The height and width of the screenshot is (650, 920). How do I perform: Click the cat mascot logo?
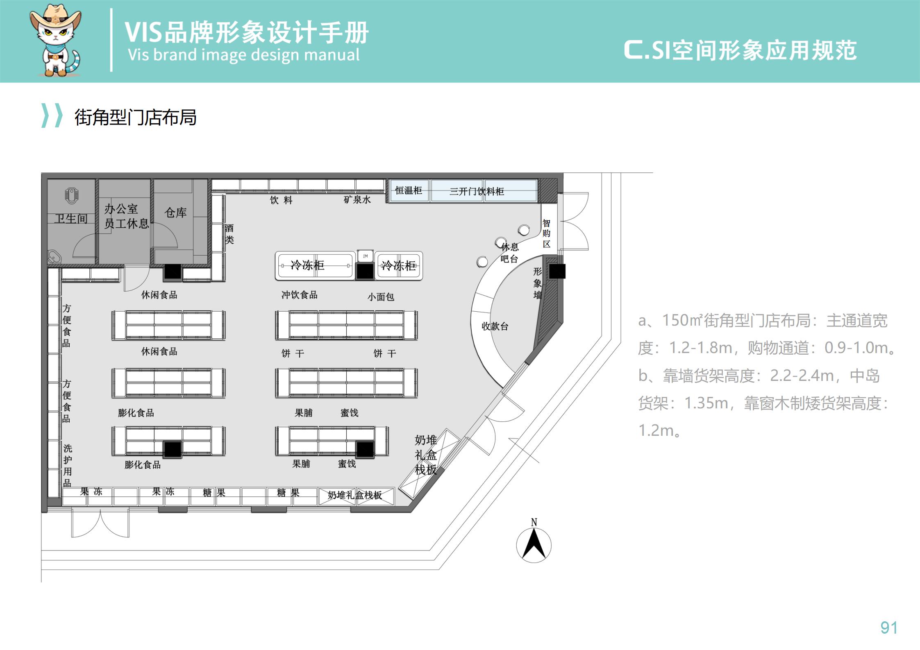coord(55,41)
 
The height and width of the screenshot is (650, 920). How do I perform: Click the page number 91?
coord(888,627)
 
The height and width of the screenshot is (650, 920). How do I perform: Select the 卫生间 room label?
coord(71,219)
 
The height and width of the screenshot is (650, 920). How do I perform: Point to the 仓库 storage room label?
coord(175,212)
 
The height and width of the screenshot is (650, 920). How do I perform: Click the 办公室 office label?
coord(121,209)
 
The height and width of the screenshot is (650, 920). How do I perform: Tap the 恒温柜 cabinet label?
coord(408,190)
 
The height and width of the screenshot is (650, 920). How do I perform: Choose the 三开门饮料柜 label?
coord(477,191)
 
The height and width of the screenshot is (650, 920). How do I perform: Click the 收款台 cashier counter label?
coord(495,326)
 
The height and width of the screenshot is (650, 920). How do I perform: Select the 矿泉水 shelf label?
coord(357,200)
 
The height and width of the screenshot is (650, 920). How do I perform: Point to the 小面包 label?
coord(380,297)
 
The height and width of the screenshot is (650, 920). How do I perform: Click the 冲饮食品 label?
coord(299,295)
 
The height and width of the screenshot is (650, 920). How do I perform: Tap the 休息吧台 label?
coord(509,253)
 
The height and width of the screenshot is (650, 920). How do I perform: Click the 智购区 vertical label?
coord(546,233)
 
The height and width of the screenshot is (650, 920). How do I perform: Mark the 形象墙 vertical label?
coord(538,283)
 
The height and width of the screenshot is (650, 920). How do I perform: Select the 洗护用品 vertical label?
coord(67,466)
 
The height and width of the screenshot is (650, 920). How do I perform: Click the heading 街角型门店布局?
coord(135,117)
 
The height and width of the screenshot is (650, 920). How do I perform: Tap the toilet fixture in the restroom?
coord(72,196)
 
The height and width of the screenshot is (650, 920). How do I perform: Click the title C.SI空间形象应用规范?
coord(740,50)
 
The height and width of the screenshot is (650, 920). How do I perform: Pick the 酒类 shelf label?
coord(229,234)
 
